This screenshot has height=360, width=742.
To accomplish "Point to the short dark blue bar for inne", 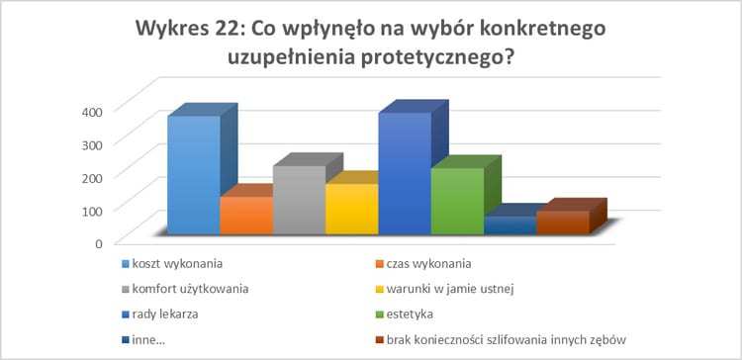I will point(509,225).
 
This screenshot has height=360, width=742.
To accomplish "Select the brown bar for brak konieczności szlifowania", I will point(562,223).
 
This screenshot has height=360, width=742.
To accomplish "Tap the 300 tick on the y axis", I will point(91,142).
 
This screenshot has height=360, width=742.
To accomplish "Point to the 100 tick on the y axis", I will point(91,209).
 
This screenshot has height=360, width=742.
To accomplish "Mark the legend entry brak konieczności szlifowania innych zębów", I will point(505,340).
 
